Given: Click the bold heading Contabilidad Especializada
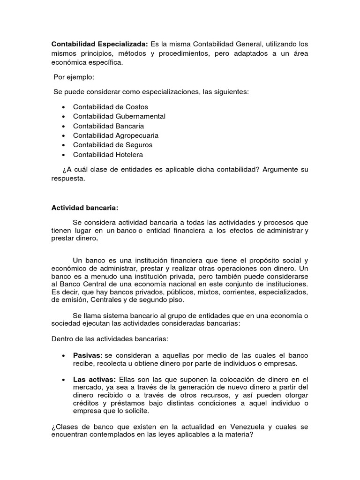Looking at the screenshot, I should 99,44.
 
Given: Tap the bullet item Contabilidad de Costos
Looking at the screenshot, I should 110,107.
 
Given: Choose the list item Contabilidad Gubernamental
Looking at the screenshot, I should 119,116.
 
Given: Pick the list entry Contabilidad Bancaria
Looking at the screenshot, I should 108,126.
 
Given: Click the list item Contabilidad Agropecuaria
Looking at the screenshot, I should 116,135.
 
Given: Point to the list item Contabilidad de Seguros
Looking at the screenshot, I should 112,145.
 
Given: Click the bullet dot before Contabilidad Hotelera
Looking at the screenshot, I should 63,155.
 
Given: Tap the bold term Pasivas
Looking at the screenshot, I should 88,355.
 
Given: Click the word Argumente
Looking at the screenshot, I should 276,169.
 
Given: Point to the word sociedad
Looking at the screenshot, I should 66,324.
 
